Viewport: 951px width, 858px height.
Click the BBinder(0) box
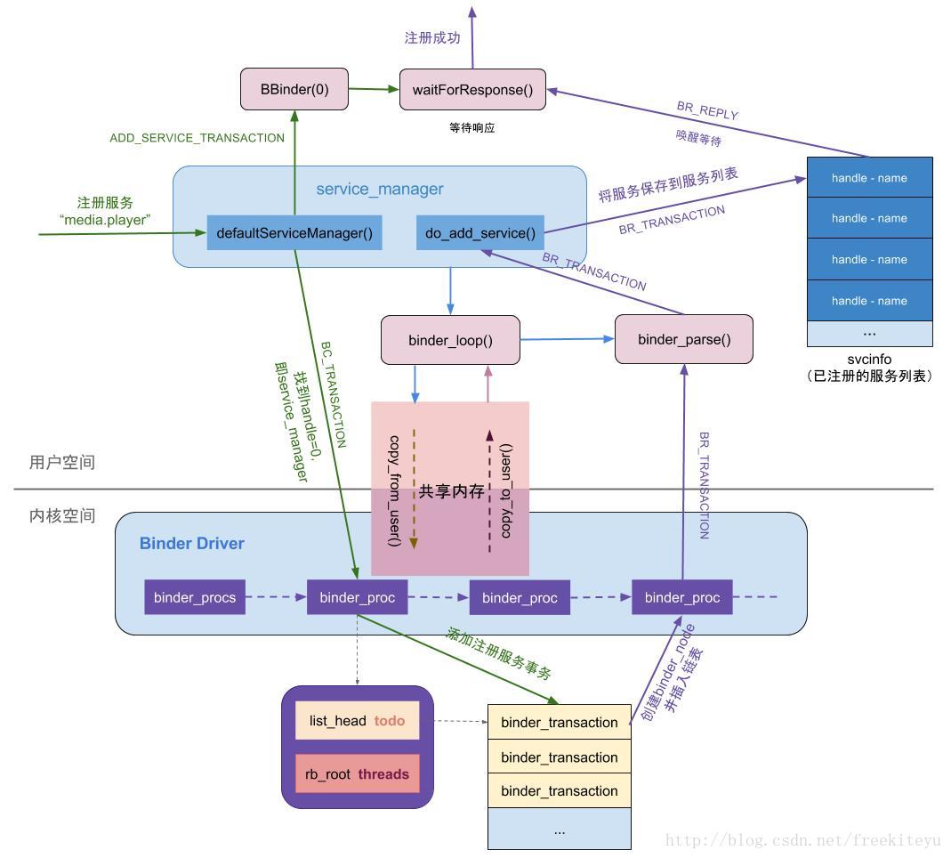[294, 89]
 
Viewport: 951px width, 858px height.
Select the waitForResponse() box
[472, 89]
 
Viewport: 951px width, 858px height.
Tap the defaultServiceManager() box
[294, 233]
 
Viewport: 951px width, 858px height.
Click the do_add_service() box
[480, 233]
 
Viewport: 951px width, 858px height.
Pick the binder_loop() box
[450, 340]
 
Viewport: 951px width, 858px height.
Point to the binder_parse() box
[683, 339]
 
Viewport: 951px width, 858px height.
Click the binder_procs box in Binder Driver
[195, 597]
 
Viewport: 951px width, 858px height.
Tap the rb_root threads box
[357, 774]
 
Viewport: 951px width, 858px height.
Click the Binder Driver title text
[192, 543]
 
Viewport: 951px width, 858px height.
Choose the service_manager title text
[380, 189]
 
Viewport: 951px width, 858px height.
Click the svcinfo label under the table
[869, 359]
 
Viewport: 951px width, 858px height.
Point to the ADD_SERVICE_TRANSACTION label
[197, 138]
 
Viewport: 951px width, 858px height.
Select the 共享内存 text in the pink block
[451, 490]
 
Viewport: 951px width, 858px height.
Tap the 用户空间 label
[62, 462]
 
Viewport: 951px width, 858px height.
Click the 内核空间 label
[62, 515]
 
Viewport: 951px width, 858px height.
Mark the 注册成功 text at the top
[432, 37]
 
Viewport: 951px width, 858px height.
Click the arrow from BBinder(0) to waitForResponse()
[374, 89]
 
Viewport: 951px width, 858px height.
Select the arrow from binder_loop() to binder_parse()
[568, 339]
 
